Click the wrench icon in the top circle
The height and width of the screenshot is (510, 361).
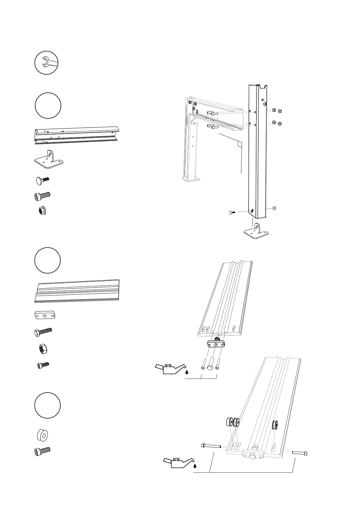(46, 63)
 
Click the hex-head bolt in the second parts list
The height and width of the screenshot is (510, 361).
(43, 332)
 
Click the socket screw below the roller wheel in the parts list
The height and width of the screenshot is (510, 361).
(42, 451)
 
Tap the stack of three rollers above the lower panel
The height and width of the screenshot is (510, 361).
(233, 421)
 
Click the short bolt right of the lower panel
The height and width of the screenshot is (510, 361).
(300, 453)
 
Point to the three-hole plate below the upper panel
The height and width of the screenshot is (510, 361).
(216, 344)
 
